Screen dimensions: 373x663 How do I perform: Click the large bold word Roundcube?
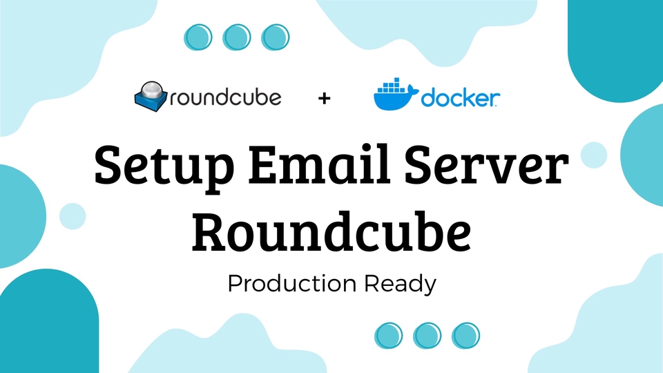point(332,231)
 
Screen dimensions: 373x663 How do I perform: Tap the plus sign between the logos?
point(325,98)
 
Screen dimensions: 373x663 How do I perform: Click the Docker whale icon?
point(394,97)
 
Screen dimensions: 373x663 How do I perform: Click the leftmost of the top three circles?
point(199,37)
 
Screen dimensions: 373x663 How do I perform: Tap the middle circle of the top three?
point(237,37)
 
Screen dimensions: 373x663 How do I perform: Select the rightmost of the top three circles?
point(275,37)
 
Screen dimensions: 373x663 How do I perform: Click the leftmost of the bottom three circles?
point(389,336)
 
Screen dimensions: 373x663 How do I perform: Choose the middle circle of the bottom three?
point(427,336)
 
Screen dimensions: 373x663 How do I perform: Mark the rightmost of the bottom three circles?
point(466,336)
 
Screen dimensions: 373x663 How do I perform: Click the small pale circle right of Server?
point(593,155)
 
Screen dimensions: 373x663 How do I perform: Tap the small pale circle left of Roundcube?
point(73,216)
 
